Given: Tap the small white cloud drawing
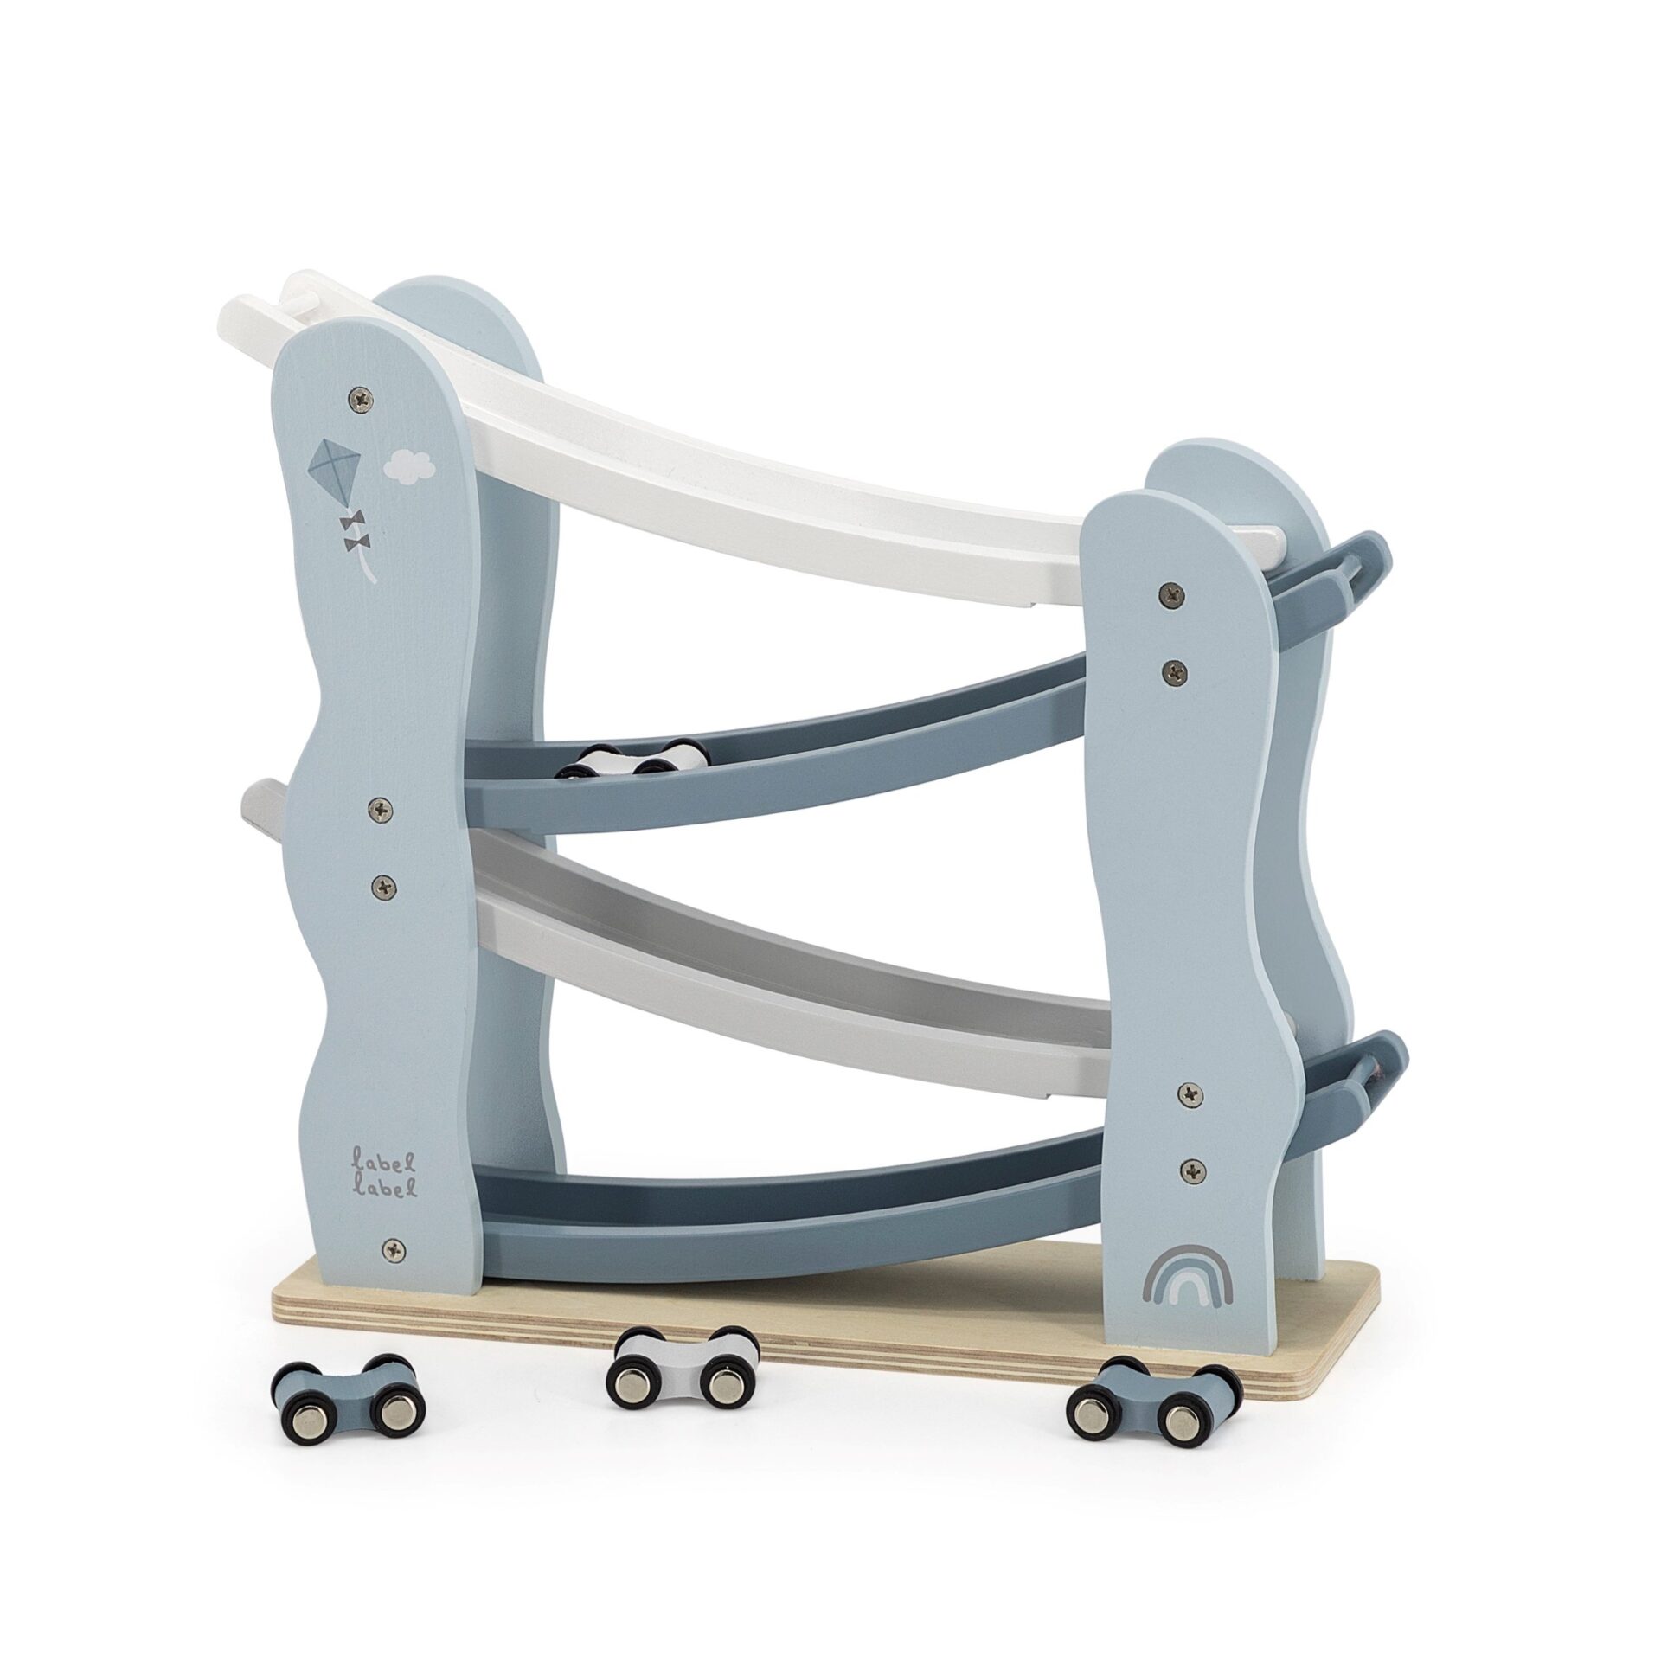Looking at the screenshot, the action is tap(409, 466).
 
